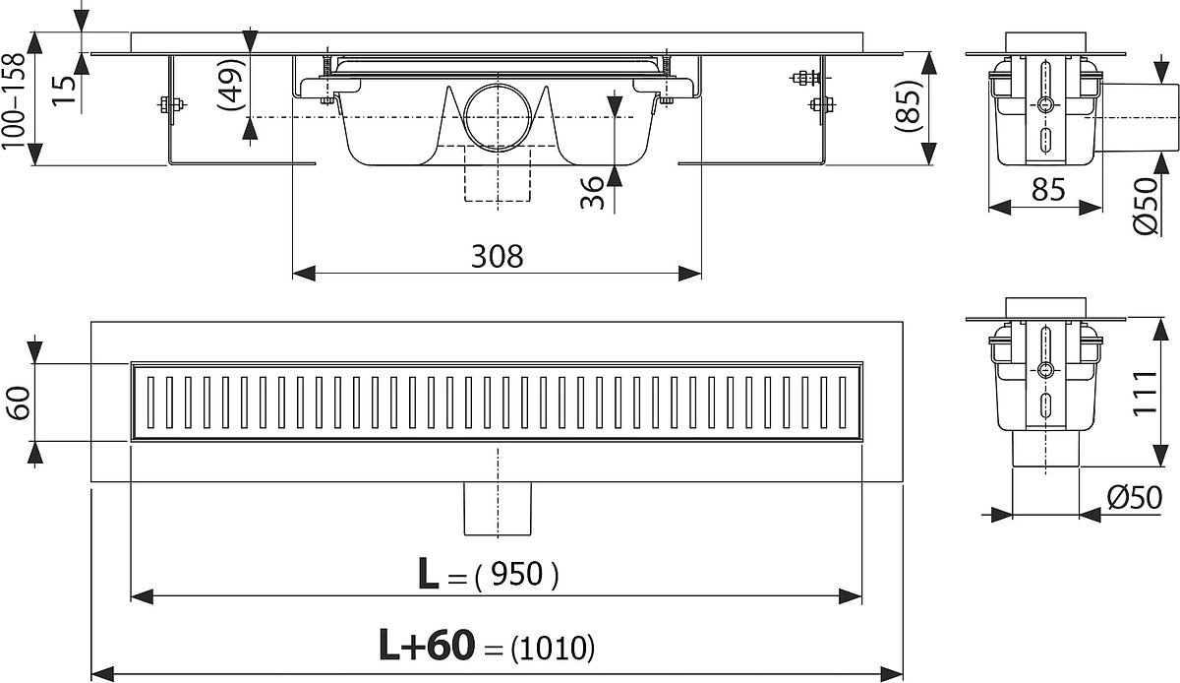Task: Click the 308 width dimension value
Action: tap(497, 257)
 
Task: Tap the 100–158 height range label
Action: tap(14, 100)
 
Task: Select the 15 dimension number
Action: tap(64, 90)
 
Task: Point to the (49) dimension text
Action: tap(232, 85)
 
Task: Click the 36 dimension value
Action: tap(593, 193)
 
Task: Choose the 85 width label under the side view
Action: tap(1048, 189)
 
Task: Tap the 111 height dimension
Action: tap(1145, 393)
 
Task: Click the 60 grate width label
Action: tap(19, 403)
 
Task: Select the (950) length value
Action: tap(516, 574)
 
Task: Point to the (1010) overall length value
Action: tap(553, 648)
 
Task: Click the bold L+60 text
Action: tap(427, 646)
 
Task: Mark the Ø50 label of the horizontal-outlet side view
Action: tap(1146, 207)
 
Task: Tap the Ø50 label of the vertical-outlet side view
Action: tap(1134, 497)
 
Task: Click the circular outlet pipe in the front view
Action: tap(498, 117)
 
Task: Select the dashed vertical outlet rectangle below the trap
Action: tap(498, 173)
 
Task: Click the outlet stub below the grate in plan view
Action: tap(498, 509)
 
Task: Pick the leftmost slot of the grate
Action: tap(150, 402)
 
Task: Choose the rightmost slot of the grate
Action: tap(843, 402)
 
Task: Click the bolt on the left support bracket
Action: tap(172, 105)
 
